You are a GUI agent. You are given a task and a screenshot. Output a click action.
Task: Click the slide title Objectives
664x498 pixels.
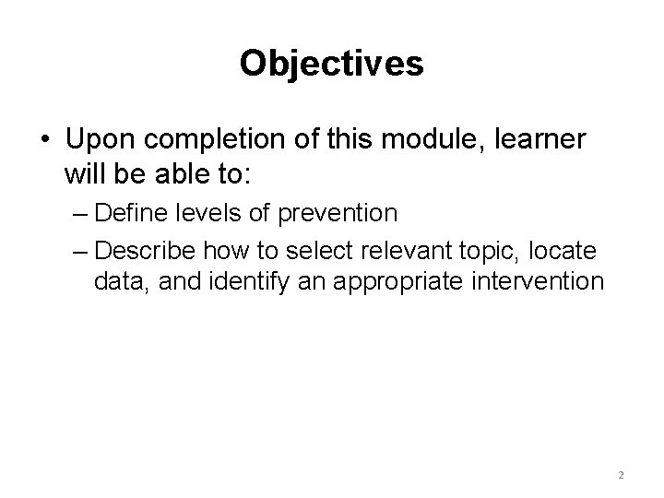click(x=331, y=64)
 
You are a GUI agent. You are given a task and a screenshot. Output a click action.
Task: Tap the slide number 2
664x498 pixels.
click(x=621, y=475)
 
